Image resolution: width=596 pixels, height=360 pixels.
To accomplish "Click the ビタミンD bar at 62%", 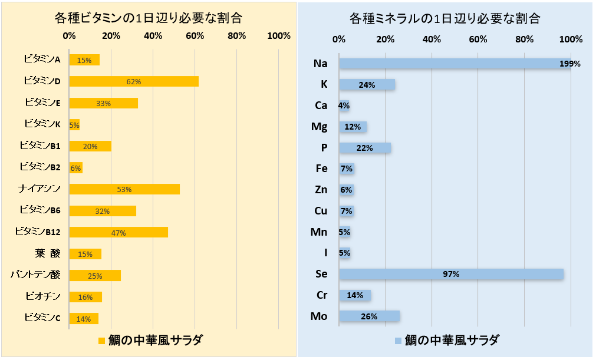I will [134, 81].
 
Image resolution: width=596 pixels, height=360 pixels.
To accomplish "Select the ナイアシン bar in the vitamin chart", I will [124, 189].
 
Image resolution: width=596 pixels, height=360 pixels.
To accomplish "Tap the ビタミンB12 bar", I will [118, 232].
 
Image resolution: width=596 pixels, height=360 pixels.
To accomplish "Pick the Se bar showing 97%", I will [451, 274].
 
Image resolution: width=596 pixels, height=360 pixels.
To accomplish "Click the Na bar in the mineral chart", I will [454, 63].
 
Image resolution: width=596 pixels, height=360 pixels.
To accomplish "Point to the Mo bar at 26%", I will [369, 316].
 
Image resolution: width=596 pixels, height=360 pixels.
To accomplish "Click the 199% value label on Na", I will [570, 64].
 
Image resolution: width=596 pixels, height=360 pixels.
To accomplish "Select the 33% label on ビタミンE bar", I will [103, 103].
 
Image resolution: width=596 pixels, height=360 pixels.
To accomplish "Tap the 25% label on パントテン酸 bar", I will [95, 276].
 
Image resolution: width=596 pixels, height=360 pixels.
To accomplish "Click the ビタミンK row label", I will [42, 124].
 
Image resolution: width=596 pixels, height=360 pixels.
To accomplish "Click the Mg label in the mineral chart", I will [319, 126].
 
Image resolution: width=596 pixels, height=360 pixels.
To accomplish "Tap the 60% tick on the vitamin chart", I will [195, 36].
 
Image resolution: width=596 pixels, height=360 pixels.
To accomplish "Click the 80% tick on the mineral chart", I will [524, 39].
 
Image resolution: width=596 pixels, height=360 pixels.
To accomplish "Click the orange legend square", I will [101, 341].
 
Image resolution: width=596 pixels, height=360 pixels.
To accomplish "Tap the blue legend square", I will [398, 341].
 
